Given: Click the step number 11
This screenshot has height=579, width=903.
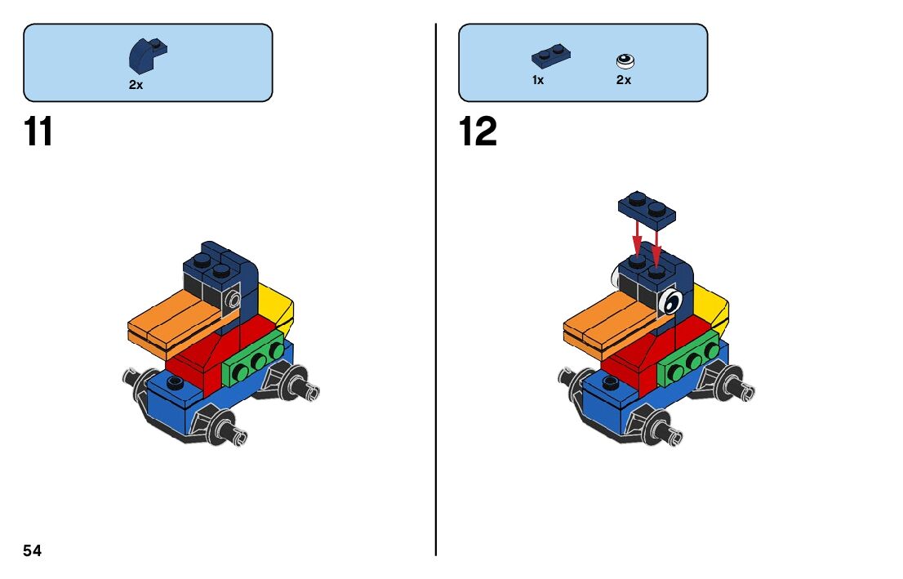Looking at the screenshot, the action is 38,131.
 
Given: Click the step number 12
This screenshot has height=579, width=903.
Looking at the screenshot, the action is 478,131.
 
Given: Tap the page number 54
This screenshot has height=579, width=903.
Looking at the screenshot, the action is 33,550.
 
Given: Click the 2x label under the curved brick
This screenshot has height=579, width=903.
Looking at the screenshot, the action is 136,84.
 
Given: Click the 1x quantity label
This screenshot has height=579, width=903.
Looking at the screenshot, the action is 538,80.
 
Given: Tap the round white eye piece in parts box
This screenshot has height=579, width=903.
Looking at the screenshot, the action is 625,60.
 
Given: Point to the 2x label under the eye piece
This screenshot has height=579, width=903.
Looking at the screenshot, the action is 624,80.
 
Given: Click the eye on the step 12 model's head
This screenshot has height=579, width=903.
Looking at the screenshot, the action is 670,302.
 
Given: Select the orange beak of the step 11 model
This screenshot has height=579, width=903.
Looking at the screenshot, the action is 176,322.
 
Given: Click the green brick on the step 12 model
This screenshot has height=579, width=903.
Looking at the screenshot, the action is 690,364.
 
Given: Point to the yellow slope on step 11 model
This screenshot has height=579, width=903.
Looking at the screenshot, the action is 277,306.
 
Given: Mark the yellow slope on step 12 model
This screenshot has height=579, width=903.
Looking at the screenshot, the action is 713,307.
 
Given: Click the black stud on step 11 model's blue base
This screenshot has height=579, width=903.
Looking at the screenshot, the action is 172,382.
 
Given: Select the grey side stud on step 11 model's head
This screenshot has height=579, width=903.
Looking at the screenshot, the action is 235,299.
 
